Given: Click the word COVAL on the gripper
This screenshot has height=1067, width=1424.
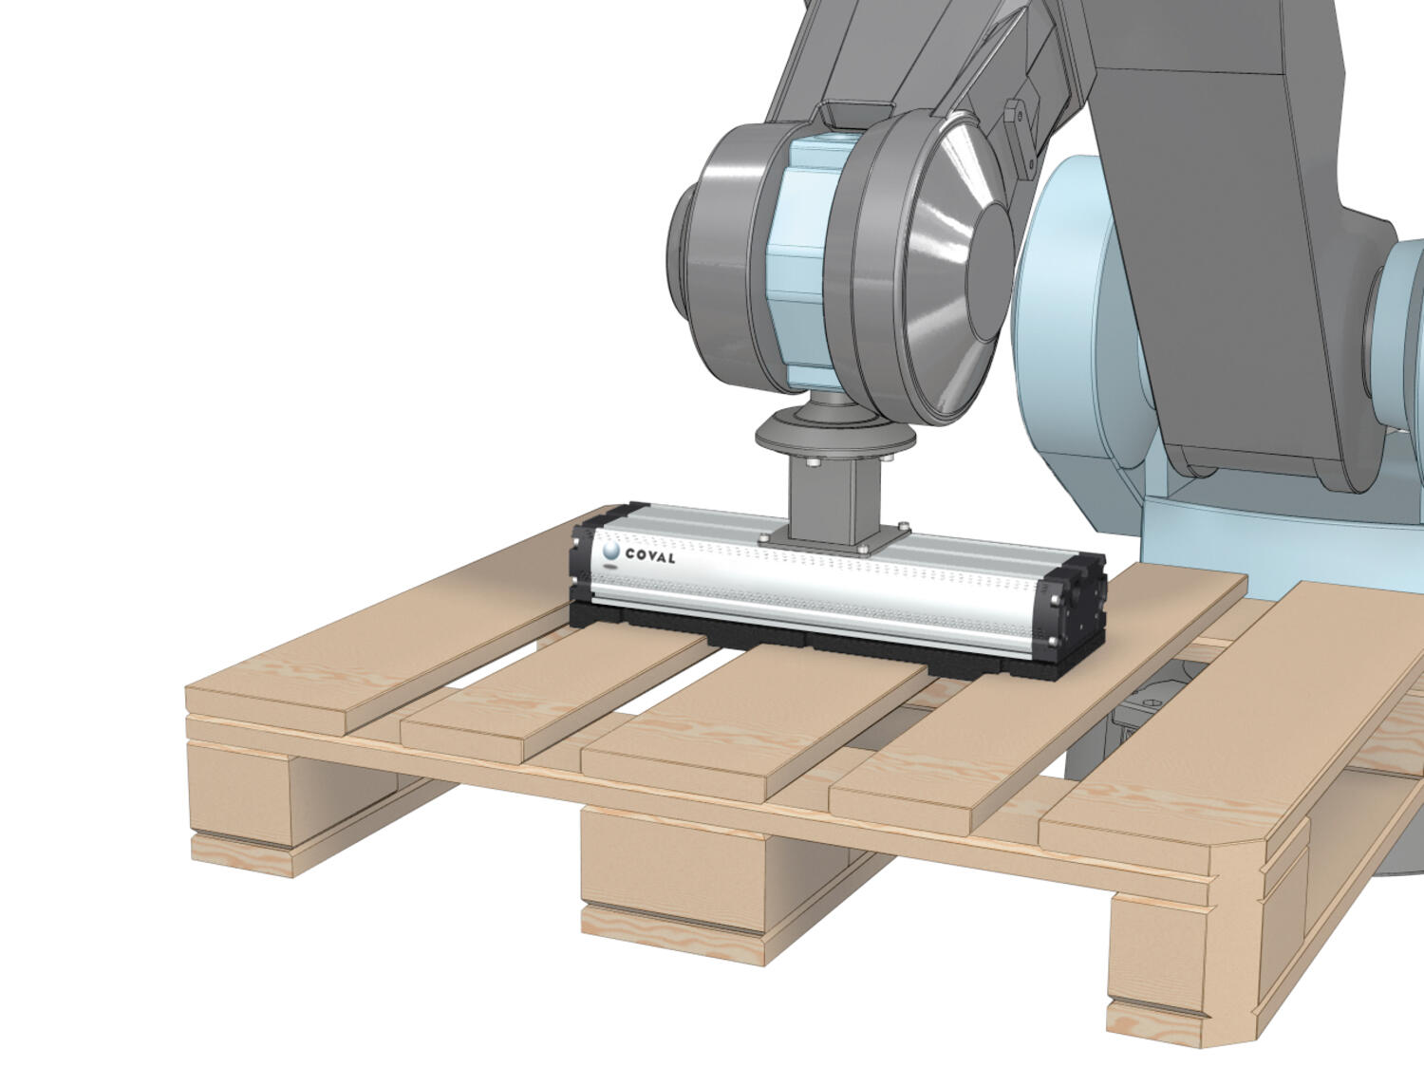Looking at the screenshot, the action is point(650,556).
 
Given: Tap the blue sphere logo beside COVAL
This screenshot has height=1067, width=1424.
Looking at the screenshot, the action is point(611,551).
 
